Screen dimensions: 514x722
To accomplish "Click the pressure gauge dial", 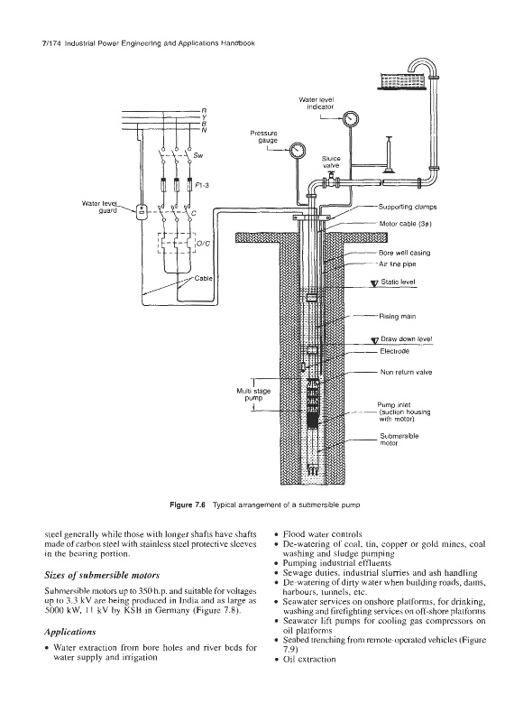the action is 298,150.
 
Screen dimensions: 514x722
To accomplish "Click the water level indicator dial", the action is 351,119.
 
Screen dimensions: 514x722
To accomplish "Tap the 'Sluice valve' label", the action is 331,162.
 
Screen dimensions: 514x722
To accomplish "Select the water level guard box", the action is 141,212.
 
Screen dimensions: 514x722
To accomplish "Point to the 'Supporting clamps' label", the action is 408,208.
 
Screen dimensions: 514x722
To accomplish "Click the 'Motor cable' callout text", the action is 405,224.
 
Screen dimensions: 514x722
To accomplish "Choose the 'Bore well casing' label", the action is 405,253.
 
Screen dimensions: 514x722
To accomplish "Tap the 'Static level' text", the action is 398,282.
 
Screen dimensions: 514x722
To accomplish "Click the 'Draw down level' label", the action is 407,339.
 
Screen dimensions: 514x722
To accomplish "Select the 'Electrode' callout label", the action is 394,351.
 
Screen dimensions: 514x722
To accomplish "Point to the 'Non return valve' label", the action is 407,372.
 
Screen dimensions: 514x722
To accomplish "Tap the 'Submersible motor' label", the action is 399,440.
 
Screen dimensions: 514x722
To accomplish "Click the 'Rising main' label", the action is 398,317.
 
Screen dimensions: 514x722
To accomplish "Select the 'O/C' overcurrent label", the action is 203,244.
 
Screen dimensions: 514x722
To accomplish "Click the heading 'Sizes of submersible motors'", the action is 102,575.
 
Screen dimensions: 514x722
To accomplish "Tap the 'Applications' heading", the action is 70,632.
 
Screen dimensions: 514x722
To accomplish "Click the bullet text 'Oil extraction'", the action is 309,659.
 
